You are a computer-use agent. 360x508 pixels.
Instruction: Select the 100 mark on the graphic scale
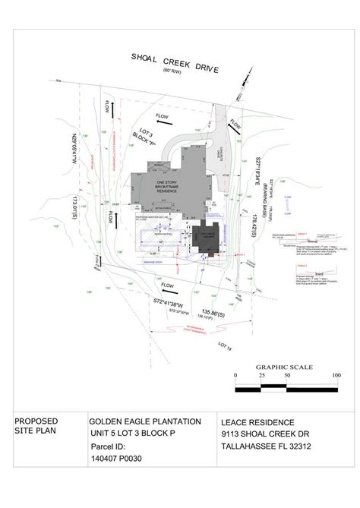tap(336, 376)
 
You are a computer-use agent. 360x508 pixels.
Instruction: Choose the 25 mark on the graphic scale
tap(261, 376)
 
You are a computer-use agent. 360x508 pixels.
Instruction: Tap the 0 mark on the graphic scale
tap(235, 376)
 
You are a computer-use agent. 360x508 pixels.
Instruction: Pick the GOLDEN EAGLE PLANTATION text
tap(145, 421)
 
